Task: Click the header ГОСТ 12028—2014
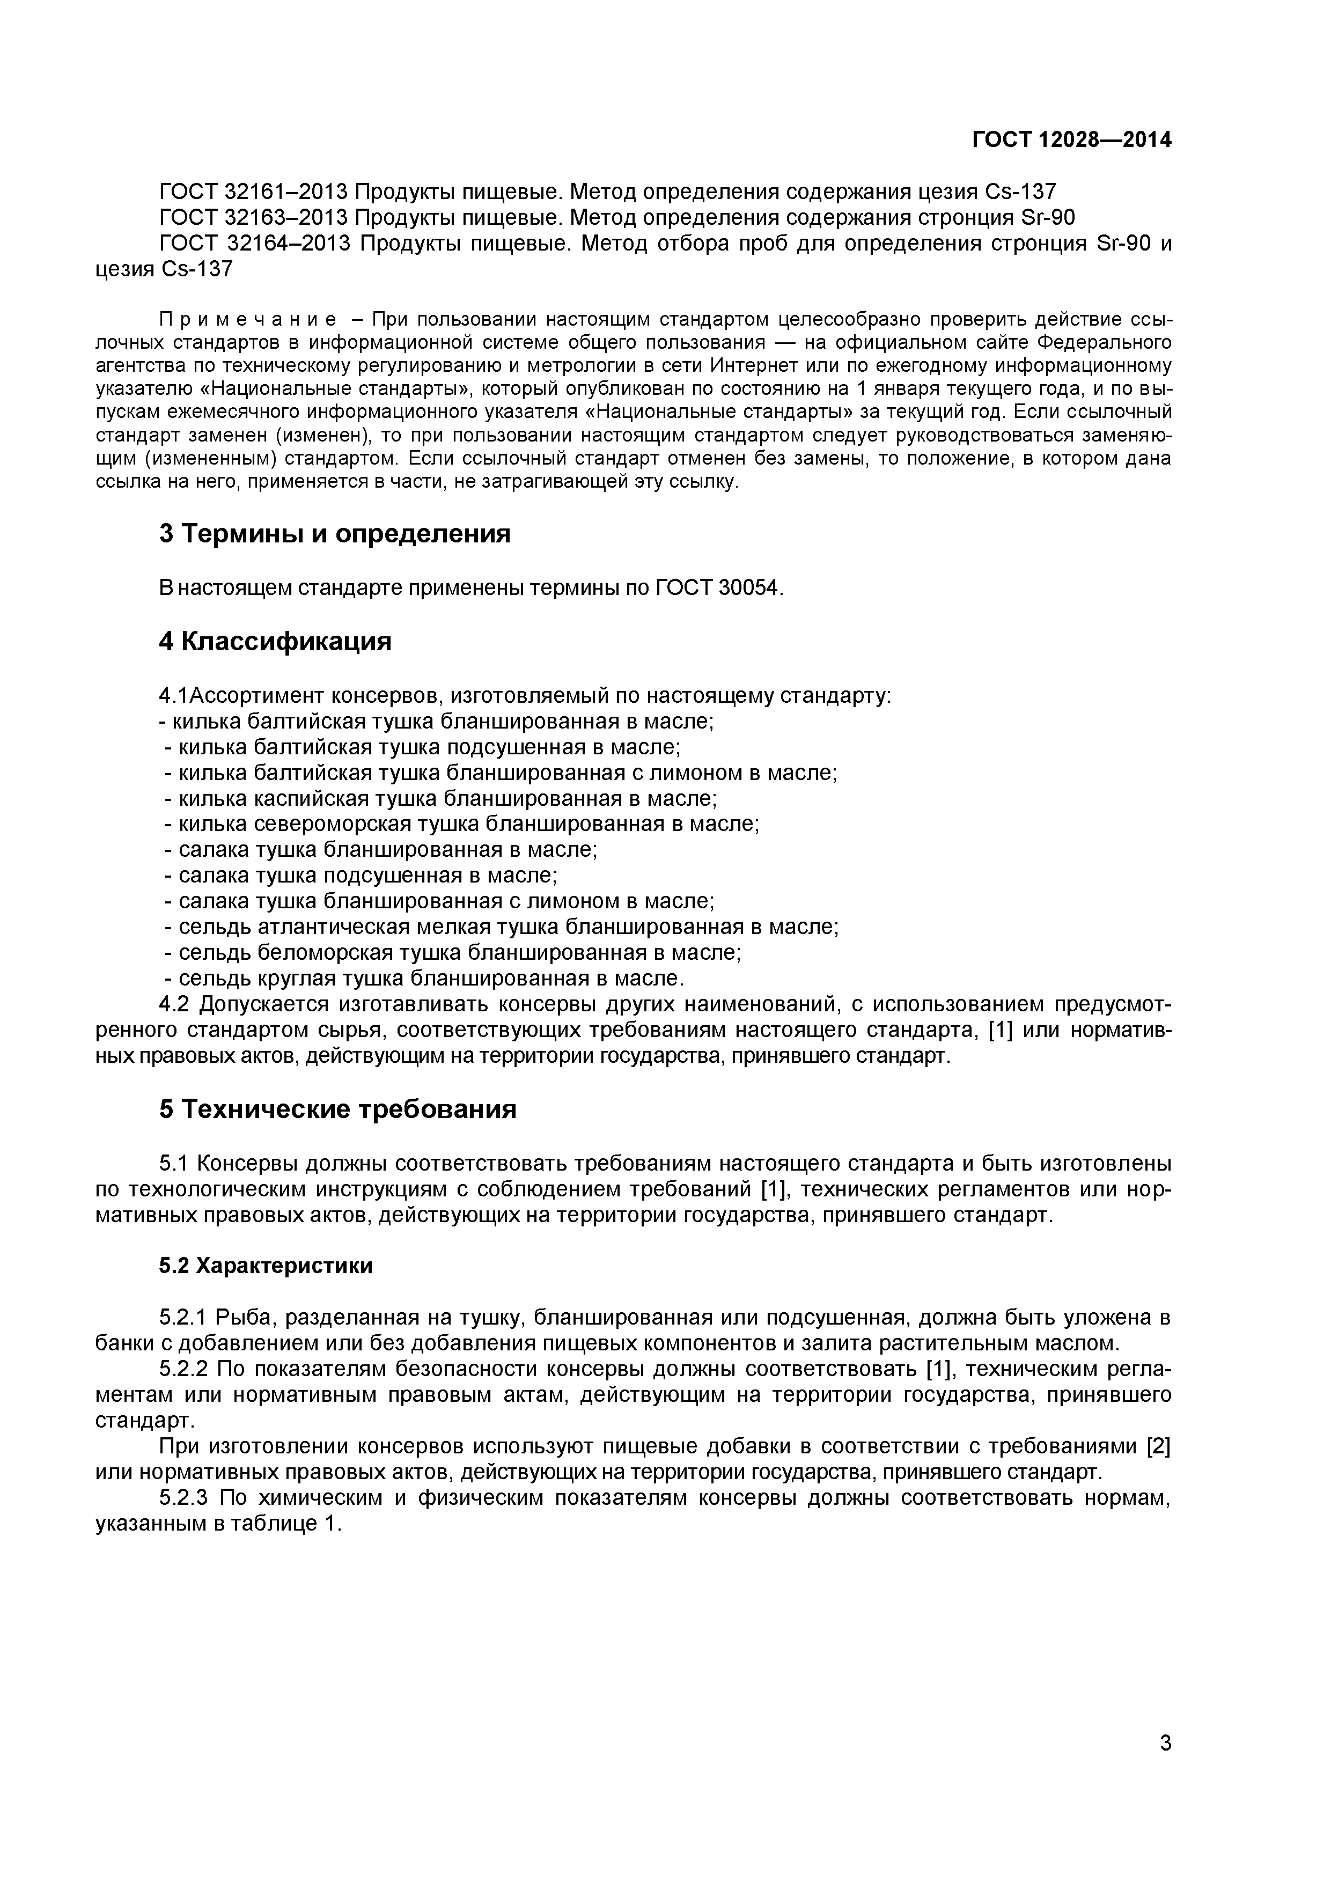coord(1071,140)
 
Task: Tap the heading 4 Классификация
coord(275,641)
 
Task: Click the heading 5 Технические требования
coord(337,1109)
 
